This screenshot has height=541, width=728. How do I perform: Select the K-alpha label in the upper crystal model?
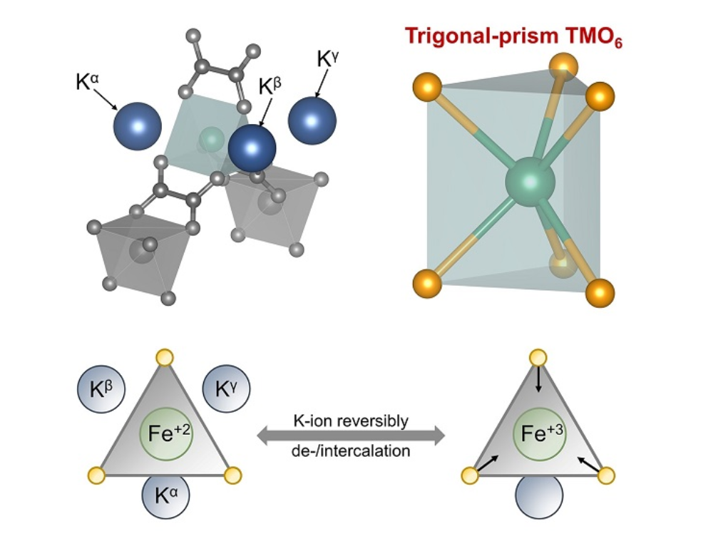coord(87,81)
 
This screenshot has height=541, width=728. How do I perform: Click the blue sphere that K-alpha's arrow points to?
coord(138,126)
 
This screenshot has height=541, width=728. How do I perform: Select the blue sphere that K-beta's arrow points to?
coord(252,148)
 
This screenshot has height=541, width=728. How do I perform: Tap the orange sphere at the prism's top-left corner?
coord(426,88)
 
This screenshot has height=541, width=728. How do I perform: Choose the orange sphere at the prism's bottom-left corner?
coord(426,284)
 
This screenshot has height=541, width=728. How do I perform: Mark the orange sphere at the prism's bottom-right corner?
coord(600,292)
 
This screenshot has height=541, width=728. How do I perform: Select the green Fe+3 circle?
coord(540,434)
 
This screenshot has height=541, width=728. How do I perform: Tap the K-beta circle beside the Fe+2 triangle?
coord(101,391)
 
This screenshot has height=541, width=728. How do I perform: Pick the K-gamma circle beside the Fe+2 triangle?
coord(227,391)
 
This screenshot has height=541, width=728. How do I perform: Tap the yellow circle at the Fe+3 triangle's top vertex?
coord(538,359)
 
